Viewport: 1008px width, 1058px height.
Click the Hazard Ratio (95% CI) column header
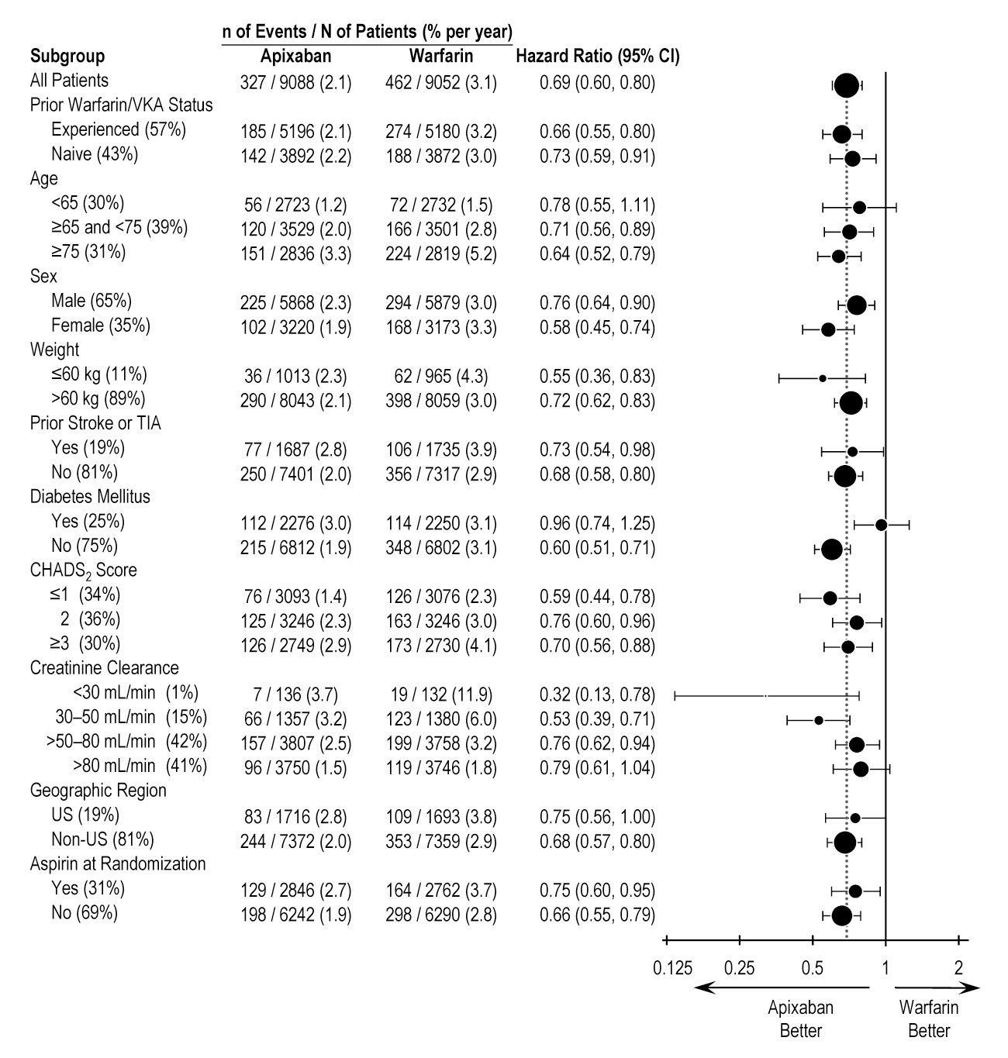(597, 57)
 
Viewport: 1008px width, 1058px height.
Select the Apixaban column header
(295, 57)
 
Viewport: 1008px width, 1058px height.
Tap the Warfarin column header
(440, 57)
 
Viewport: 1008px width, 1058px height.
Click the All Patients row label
(69, 81)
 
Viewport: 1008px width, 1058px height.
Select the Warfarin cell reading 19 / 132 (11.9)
(440, 694)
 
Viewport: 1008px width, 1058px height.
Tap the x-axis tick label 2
(958, 967)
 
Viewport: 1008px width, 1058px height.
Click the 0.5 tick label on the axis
(812, 967)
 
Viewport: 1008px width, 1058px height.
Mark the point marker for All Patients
(846, 86)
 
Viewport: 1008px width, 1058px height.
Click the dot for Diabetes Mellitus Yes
(881, 525)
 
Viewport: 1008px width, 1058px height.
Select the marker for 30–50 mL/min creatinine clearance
(819, 720)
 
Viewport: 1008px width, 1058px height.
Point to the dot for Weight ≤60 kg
(823, 378)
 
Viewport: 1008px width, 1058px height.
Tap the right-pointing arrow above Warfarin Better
(937, 988)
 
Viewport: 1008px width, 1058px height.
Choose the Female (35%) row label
(101, 326)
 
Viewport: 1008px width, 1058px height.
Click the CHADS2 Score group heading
(83, 570)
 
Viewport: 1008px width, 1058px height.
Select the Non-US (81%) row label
(102, 839)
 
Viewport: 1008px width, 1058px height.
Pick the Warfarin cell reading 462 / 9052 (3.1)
(440, 83)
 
